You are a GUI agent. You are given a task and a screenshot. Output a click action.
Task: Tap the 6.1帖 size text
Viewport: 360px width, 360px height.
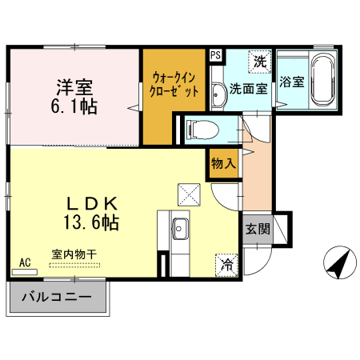(76, 106)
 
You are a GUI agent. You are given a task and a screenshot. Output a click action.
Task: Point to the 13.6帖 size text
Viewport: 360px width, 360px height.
(90, 222)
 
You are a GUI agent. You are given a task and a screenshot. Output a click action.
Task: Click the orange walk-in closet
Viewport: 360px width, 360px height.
(174, 96)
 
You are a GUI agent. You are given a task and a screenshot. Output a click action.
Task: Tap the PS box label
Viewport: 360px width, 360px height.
(215, 55)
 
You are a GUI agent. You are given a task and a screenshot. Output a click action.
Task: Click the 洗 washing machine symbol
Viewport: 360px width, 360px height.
(259, 61)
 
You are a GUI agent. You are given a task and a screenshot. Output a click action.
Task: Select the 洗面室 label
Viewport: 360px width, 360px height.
(248, 89)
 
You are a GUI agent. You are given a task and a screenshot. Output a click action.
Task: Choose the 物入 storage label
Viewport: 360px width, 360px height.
(223, 163)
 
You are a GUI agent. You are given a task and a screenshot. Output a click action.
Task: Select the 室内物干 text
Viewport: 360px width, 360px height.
(74, 254)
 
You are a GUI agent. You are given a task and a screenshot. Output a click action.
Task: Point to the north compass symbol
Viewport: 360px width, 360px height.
(339, 264)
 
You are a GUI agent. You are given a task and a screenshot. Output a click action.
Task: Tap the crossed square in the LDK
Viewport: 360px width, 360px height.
(189, 193)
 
